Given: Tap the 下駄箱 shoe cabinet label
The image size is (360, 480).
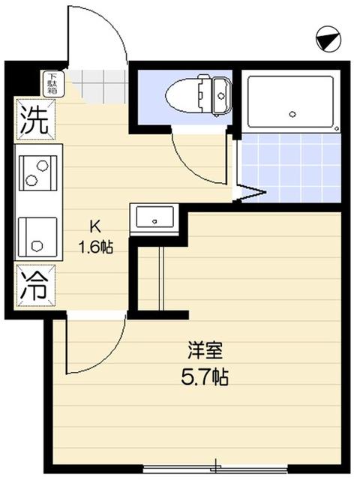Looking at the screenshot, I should pyautogui.click(x=52, y=83).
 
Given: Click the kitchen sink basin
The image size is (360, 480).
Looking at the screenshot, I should pyautogui.click(x=35, y=233).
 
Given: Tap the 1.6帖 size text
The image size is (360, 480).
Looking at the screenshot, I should pyautogui.click(x=97, y=245).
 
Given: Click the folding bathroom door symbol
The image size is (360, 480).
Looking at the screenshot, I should pyautogui.click(x=249, y=191).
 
